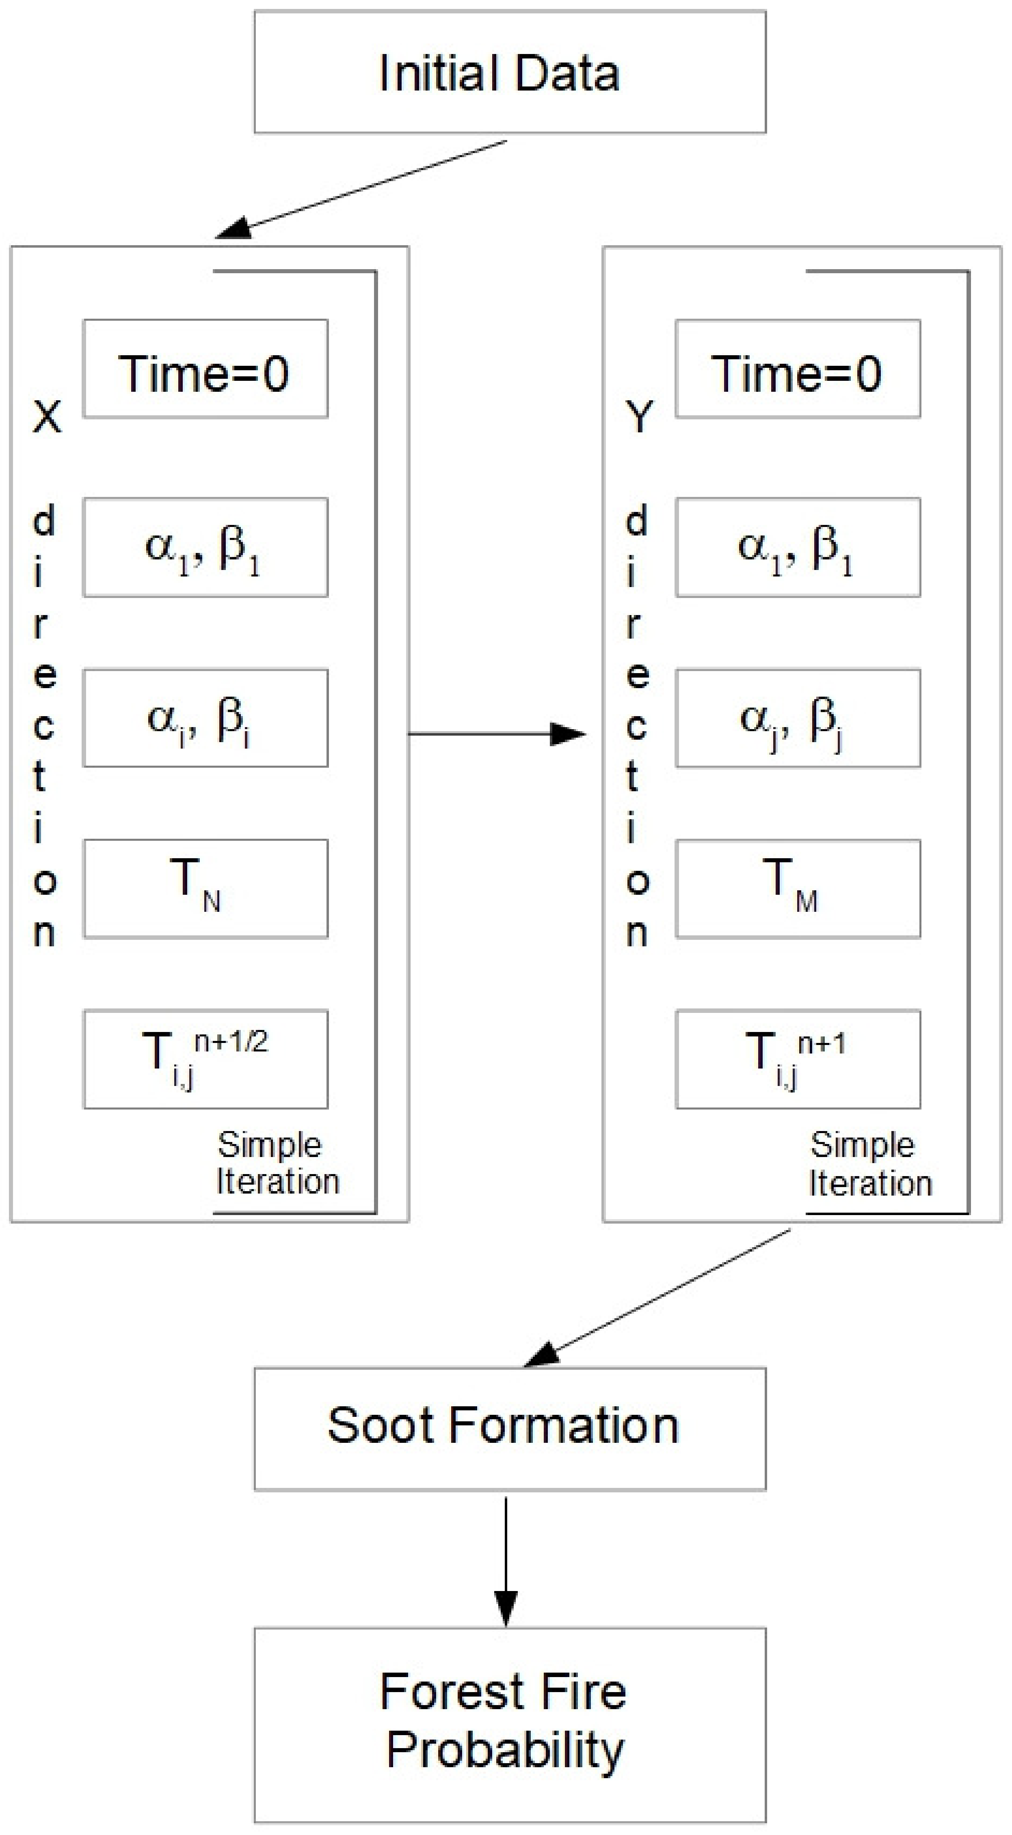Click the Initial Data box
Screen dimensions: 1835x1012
coord(510,72)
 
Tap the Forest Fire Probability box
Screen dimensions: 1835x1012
coord(510,1724)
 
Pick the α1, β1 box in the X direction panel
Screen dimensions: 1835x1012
coord(205,547)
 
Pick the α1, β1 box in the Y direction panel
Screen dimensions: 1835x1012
coord(798,547)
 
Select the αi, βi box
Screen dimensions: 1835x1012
coord(205,718)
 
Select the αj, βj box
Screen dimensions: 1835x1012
coord(798,718)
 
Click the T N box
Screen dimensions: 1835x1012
coord(205,888)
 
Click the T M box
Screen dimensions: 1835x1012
coord(798,888)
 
